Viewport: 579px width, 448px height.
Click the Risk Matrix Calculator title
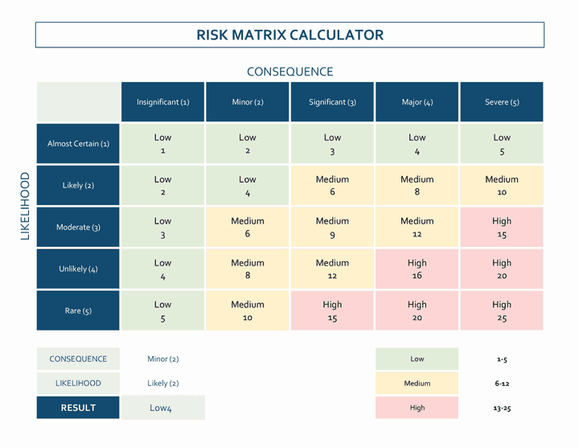[x=289, y=35]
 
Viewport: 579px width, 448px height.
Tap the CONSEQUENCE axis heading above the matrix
[x=289, y=72]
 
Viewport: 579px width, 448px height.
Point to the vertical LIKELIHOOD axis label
[x=25, y=206]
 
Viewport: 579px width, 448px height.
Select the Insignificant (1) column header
[x=162, y=102]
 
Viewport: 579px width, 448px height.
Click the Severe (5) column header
[x=502, y=102]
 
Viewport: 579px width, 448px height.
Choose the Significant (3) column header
[x=332, y=102]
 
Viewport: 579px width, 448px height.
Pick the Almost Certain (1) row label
[x=78, y=144]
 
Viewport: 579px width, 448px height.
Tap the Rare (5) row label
[x=78, y=310]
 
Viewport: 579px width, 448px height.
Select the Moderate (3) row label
[x=78, y=228]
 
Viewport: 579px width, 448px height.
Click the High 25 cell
[x=502, y=310]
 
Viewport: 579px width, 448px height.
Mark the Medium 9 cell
[x=332, y=228]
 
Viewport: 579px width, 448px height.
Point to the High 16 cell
[x=417, y=269]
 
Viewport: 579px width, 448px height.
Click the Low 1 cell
[x=162, y=144]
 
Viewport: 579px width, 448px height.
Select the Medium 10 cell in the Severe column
[x=502, y=186]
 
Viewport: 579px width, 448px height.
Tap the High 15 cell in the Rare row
[x=332, y=310]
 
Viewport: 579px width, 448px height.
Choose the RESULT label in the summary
[x=78, y=408]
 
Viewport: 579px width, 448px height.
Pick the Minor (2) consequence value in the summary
[x=163, y=359]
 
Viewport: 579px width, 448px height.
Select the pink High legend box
[x=417, y=408]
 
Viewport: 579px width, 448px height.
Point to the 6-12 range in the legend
[x=502, y=384]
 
